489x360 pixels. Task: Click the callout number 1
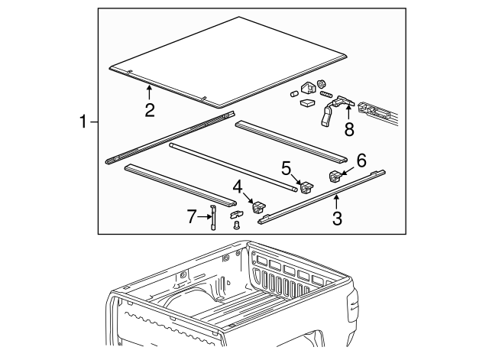coord(85,121)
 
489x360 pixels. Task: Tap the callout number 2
coord(151,110)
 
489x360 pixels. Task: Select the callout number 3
coord(337,219)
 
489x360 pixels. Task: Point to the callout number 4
coord(238,186)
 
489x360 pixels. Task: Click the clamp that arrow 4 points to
coord(257,206)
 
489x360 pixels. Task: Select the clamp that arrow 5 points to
coord(306,186)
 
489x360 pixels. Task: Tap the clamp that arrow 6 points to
coord(335,177)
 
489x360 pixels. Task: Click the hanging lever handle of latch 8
coord(325,115)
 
